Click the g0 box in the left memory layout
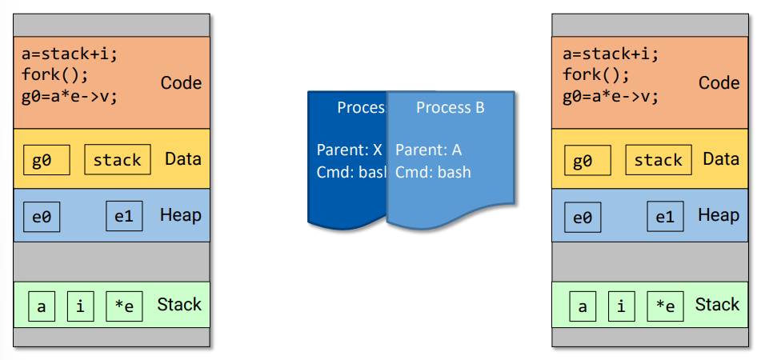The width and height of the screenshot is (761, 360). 46,159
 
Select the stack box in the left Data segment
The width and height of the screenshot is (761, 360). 117,159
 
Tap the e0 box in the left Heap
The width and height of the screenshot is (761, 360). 42,217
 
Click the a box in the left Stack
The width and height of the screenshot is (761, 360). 42,306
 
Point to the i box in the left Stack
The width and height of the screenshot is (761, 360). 80,306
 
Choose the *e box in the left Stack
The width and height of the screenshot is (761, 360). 124,306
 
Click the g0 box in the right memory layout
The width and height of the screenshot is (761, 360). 587,160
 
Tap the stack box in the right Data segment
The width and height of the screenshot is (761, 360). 658,160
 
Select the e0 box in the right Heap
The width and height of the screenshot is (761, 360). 583,218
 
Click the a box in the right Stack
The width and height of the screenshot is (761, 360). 583,306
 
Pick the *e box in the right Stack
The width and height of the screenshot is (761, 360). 665,306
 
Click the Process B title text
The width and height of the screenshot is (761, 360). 451,107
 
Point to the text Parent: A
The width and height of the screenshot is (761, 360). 429,150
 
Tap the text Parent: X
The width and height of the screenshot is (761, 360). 350,150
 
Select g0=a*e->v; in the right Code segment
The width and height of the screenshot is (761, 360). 611,96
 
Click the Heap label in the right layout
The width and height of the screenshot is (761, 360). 719,214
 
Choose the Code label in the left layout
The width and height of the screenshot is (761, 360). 181,83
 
